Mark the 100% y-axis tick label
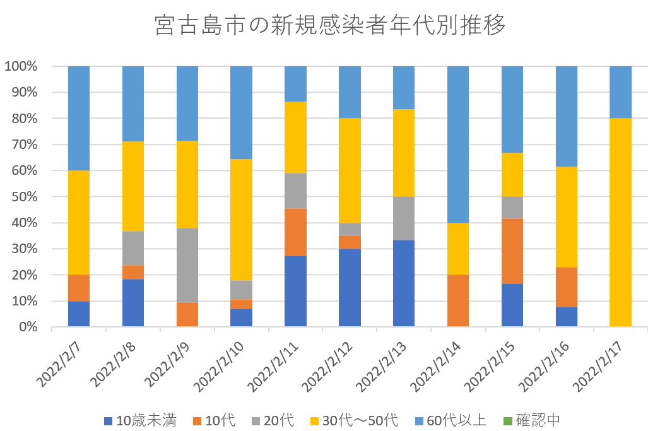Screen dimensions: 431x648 pyautogui.click(x=23, y=66)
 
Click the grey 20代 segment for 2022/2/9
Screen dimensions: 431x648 pyautogui.click(x=187, y=265)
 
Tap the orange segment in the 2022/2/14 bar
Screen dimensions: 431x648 pyautogui.click(x=458, y=300)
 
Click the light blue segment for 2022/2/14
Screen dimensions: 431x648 pyautogui.click(x=458, y=144)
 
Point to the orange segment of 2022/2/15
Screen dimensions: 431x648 pyautogui.click(x=512, y=251)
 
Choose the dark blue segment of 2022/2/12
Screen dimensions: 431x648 pyautogui.click(x=350, y=288)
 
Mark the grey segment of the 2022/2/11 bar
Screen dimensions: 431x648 pyautogui.click(x=295, y=191)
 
